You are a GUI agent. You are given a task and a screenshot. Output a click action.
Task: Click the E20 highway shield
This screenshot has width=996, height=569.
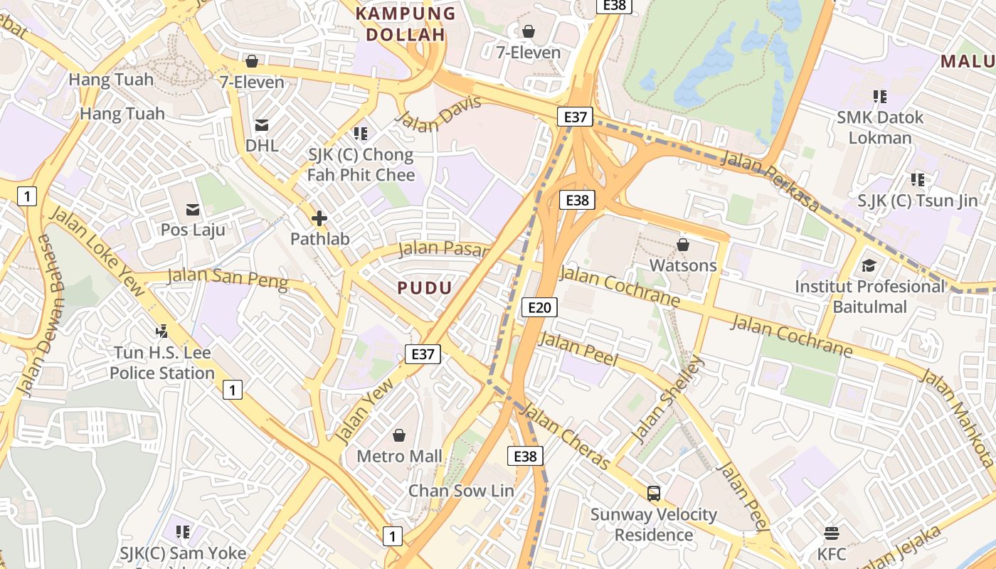click(539, 307)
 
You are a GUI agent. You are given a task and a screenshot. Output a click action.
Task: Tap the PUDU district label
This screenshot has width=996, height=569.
click(424, 288)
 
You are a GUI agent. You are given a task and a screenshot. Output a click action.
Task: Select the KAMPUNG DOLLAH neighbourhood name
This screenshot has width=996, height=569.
click(405, 23)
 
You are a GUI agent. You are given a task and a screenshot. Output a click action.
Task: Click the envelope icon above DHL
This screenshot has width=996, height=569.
click(262, 125)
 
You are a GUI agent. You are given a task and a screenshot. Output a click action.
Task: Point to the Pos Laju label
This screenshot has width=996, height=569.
click(193, 230)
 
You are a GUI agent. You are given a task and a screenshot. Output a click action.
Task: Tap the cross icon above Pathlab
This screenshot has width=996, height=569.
click(319, 218)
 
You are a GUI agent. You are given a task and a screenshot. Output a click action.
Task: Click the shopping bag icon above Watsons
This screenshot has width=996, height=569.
click(683, 245)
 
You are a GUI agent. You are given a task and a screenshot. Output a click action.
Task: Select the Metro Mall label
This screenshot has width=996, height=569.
click(399, 456)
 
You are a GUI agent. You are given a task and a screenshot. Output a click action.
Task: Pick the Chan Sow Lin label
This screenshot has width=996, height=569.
click(460, 491)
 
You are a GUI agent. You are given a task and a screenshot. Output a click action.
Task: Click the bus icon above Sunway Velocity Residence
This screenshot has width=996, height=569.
click(653, 493)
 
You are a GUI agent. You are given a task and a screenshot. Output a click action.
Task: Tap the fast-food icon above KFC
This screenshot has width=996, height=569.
click(831, 533)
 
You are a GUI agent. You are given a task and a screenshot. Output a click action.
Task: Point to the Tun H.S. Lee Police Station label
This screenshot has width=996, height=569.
click(161, 363)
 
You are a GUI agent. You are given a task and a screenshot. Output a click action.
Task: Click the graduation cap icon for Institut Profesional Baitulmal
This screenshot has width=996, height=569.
click(869, 266)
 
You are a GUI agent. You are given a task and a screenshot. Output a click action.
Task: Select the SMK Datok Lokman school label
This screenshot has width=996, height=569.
click(880, 127)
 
